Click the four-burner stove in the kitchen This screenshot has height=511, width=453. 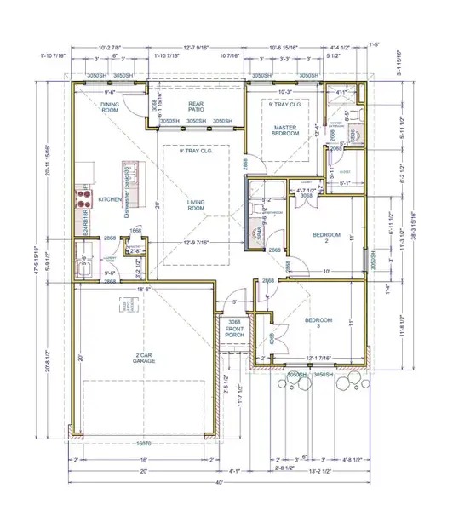pyautogui.click(x=85, y=199)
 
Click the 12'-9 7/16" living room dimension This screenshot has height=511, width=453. pyautogui.click(x=198, y=245)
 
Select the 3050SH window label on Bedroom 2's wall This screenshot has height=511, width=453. pyautogui.click(x=368, y=261)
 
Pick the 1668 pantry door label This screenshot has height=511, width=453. pyautogui.click(x=136, y=230)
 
